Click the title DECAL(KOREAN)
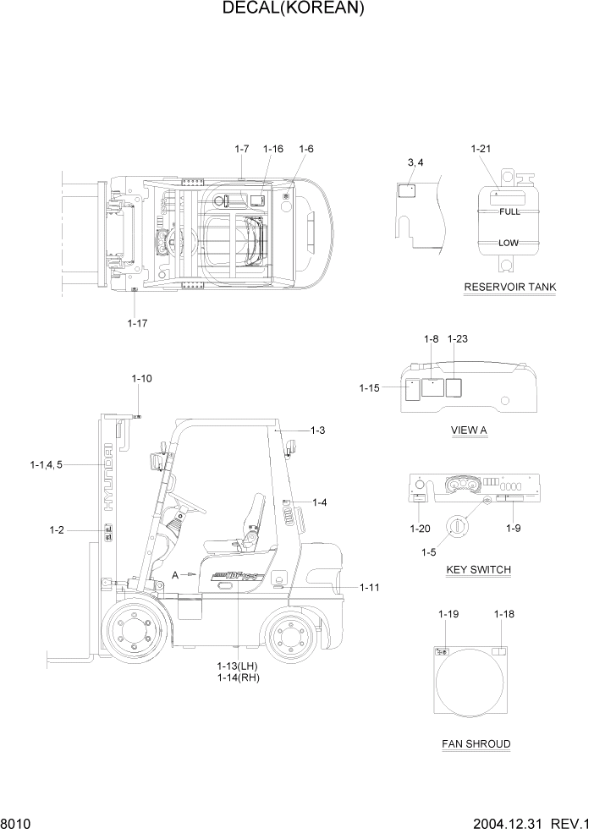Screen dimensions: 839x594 (x=294, y=9)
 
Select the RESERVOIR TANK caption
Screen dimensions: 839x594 (x=509, y=287)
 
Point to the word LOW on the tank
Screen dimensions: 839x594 (x=508, y=243)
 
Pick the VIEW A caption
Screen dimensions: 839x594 (x=469, y=430)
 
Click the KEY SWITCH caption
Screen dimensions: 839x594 (x=478, y=569)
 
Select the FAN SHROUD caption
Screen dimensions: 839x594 (x=476, y=744)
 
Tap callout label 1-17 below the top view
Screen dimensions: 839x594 (x=137, y=323)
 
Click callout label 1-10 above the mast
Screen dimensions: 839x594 (x=141, y=378)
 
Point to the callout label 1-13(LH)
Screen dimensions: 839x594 (x=238, y=666)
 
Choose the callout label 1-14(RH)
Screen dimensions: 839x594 (x=238, y=677)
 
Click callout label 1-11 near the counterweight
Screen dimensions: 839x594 (x=370, y=587)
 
